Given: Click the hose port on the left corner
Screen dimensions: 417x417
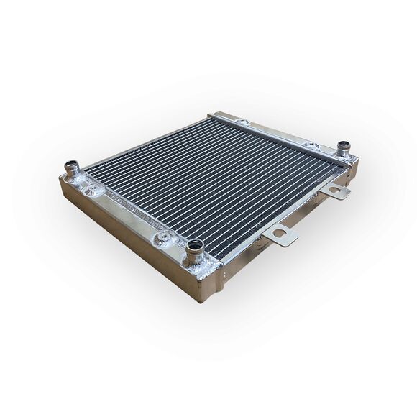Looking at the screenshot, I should click(73, 170).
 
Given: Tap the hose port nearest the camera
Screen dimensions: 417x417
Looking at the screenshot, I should click(195, 249).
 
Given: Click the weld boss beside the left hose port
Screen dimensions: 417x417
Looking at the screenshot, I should click(92, 190).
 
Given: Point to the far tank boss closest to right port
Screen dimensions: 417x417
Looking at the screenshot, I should click(311, 146).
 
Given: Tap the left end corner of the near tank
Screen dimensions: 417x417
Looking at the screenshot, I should click(61, 180).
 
